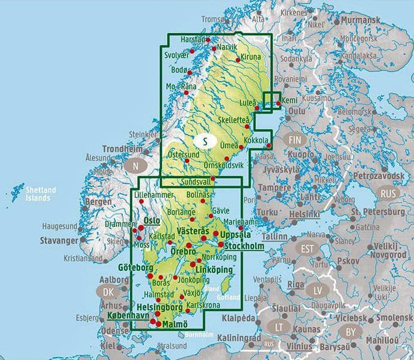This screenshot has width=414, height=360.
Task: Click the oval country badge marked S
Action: [x=205, y=142]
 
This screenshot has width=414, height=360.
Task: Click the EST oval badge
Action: [x=307, y=249]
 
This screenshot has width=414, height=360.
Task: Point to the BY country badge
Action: [x=349, y=331]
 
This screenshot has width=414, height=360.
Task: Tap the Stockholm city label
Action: [x=246, y=245]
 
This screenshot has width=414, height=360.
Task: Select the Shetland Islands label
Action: [x=41, y=194]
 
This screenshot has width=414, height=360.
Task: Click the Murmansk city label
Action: [x=359, y=20]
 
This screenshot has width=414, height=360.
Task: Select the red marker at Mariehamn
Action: [x=241, y=228]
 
